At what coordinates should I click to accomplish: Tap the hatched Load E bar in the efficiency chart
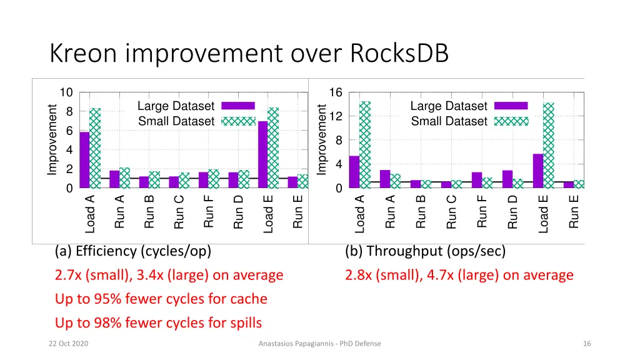pos(273,147)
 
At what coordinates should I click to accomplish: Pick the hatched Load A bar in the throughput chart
pos(365,144)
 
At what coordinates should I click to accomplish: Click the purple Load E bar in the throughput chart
pos(538,171)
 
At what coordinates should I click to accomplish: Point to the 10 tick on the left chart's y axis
pos(66,93)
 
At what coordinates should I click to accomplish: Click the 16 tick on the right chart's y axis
pos(336,93)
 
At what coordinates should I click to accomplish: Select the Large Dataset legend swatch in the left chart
pos(238,106)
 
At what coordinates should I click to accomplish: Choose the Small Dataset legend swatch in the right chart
pos(511,121)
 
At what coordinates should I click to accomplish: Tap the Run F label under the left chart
pos(209,212)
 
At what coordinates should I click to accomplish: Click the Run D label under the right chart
pos(513,212)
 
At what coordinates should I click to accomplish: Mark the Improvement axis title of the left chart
pos(52,140)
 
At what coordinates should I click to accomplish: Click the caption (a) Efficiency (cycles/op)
pos(132,251)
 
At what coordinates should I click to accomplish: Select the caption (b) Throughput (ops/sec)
pos(425,251)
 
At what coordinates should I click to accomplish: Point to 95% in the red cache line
pos(103,299)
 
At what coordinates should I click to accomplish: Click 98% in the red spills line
pos(103,323)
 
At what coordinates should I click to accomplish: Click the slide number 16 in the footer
pos(586,344)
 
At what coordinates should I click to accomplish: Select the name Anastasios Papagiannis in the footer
pos(296,344)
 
